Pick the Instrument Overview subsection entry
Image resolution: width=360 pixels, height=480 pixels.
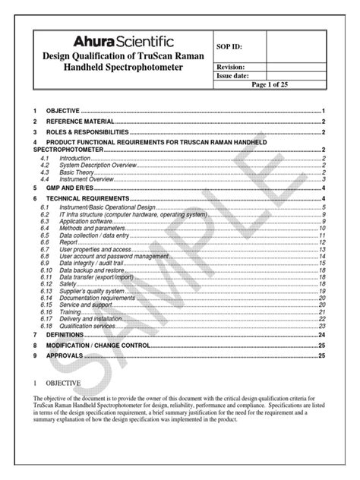84,178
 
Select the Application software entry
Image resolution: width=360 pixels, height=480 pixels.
85,221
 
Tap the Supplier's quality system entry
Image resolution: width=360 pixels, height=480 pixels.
93,291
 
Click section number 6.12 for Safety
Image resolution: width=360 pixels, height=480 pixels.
46,284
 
